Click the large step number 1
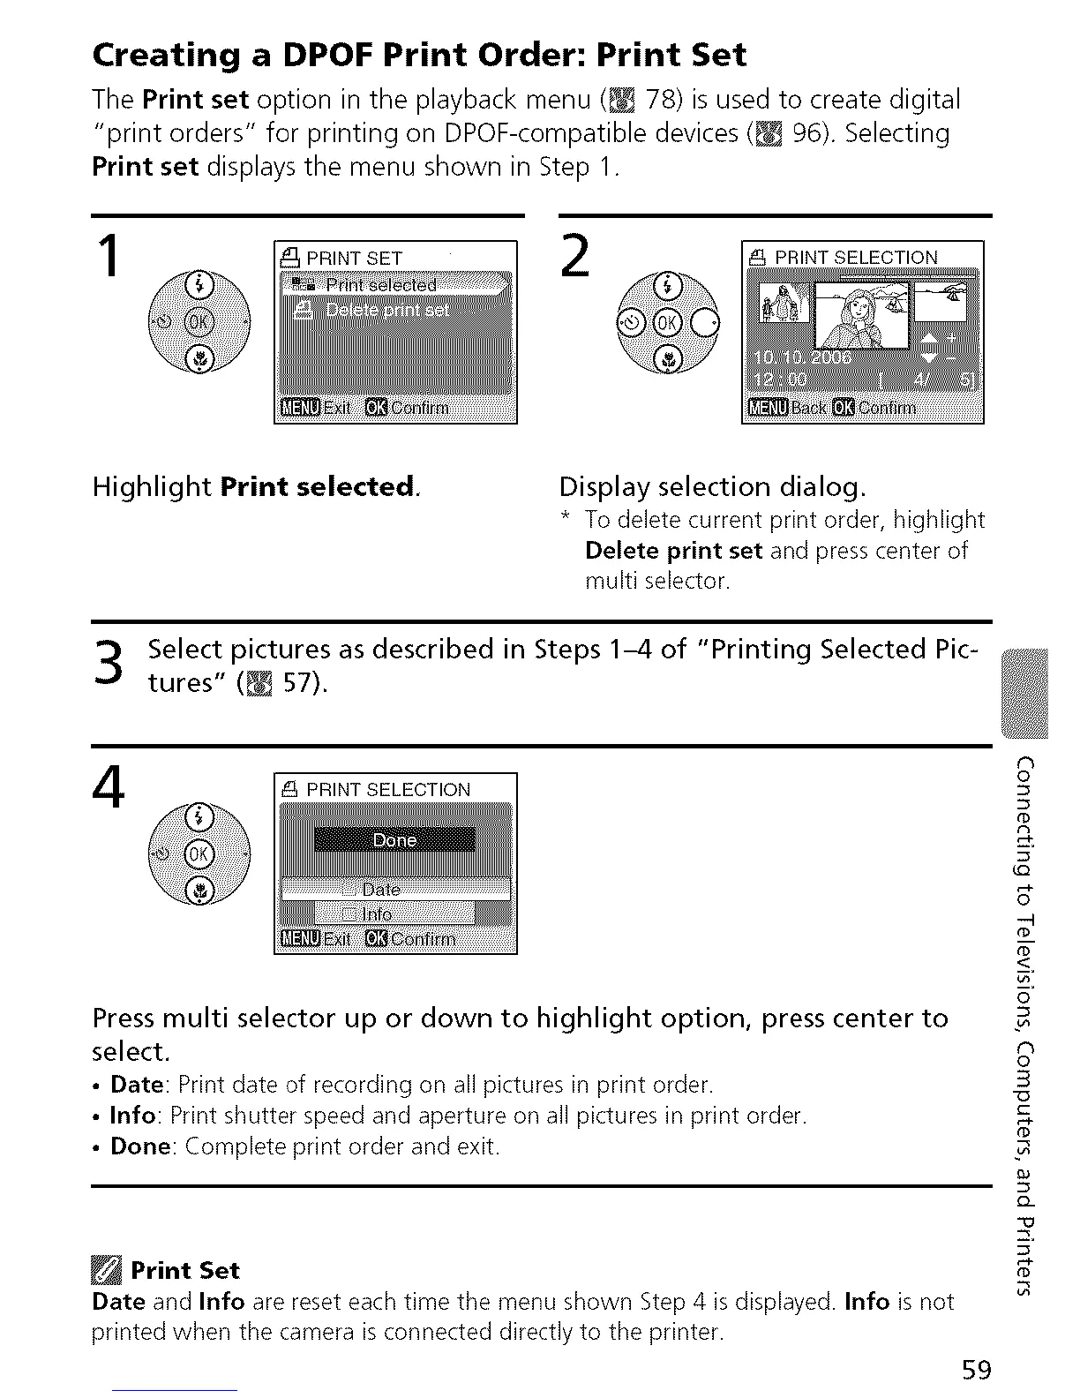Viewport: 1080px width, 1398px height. click(109, 257)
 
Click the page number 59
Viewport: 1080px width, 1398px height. click(977, 1370)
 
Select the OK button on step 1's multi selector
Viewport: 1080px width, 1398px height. click(199, 321)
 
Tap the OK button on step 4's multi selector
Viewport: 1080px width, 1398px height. click(199, 853)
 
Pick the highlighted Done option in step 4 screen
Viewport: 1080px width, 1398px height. click(394, 840)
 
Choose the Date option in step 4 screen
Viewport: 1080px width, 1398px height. click(381, 890)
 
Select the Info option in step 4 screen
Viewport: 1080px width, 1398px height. click(378, 914)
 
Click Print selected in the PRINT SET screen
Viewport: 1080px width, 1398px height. click(380, 285)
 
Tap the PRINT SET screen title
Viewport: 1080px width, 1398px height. click(353, 258)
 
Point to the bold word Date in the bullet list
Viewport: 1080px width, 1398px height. click(138, 1085)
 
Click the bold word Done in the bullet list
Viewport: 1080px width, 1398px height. click(140, 1146)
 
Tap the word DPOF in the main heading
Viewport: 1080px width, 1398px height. click(333, 55)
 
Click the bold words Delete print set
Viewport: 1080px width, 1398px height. click(673, 551)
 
